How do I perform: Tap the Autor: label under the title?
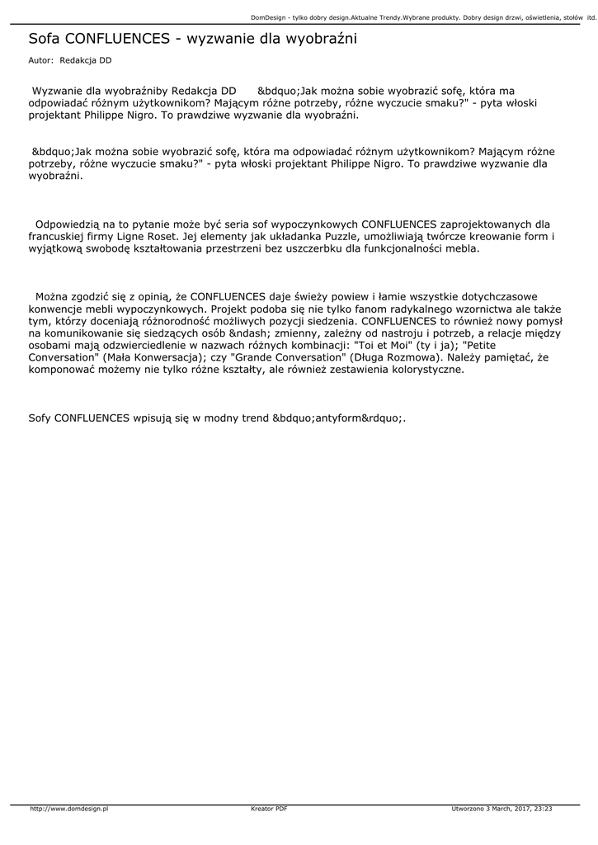(40, 61)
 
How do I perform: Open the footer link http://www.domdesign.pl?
(69, 809)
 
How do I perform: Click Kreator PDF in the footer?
(269, 809)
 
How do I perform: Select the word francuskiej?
(62, 236)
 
